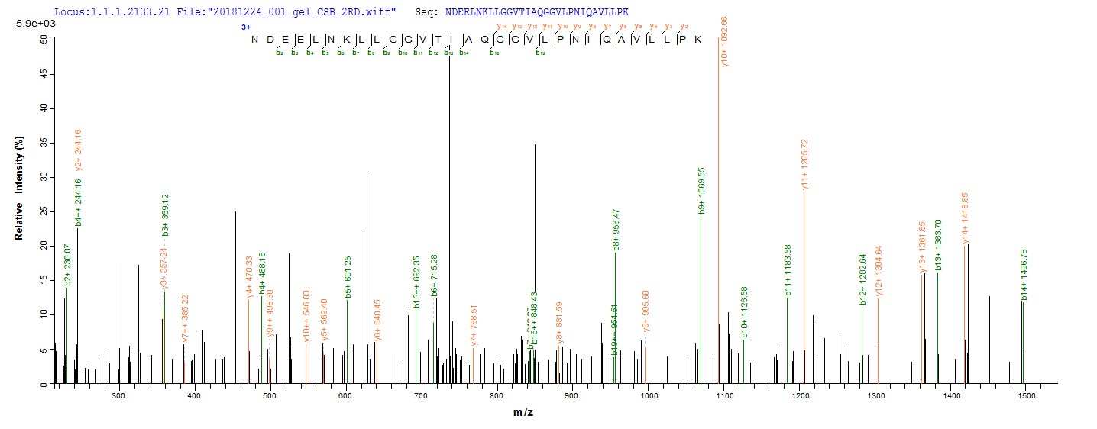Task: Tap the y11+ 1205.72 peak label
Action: pyautogui.click(x=804, y=165)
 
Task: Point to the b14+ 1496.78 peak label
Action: pyautogui.click(x=1024, y=275)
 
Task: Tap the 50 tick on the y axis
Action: pyautogui.click(x=44, y=40)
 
